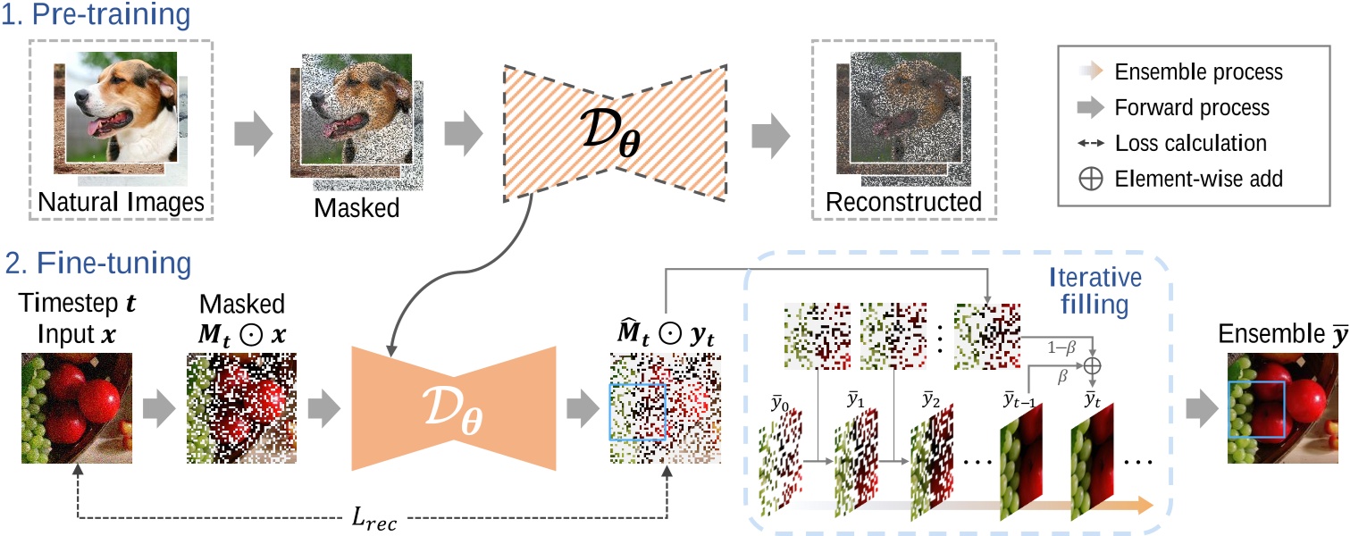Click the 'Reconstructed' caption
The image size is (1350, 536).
coord(903,204)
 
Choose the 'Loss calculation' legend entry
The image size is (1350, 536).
coord(1190,143)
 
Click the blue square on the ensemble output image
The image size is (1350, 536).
coord(1256,412)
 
